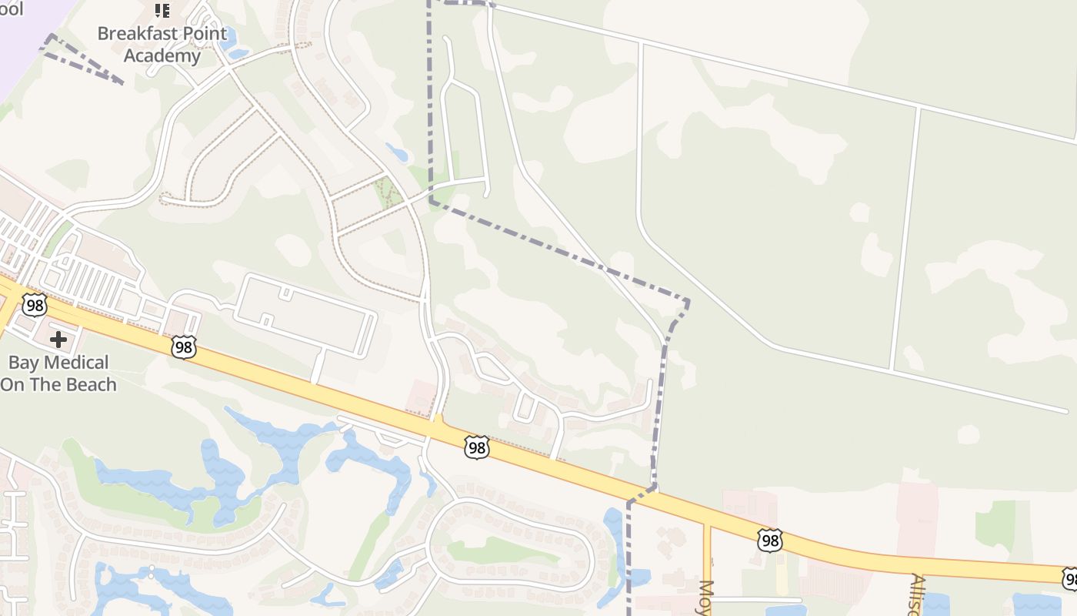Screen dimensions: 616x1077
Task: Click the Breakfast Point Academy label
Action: pyautogui.click(x=162, y=45)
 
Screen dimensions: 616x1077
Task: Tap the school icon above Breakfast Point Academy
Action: pyautogui.click(x=162, y=11)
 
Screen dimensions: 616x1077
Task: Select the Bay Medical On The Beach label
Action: pyautogui.click(x=58, y=373)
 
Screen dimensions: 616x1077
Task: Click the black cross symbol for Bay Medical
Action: pyautogui.click(x=58, y=340)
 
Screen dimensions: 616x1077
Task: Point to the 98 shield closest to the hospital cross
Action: pyautogui.click(x=35, y=305)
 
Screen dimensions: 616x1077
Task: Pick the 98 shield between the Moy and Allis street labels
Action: pyautogui.click(x=770, y=541)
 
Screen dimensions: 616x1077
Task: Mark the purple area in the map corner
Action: pyautogui.click(x=23, y=38)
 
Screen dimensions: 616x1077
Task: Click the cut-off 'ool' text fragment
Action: pyautogui.click(x=11, y=9)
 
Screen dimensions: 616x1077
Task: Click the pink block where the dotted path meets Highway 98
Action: pyautogui.click(x=421, y=395)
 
